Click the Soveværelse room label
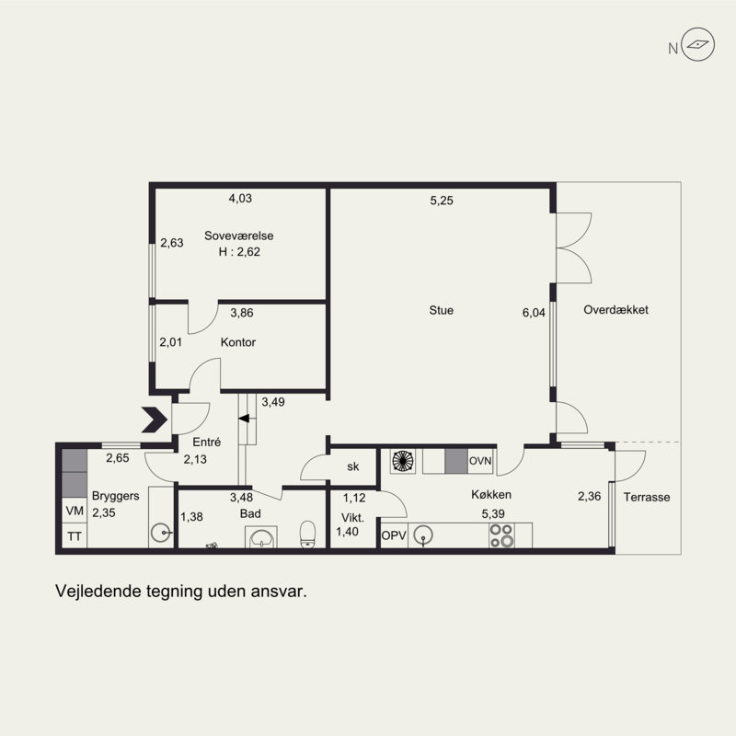238,236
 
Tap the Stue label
442,310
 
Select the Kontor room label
238,342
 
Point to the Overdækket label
615,310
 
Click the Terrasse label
647,497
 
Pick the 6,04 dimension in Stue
534,313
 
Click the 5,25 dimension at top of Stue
442,201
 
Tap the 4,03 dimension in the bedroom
240,198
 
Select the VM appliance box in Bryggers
75,511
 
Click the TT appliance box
75,535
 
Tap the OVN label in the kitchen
480,461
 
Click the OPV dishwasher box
394,535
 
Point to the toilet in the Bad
308,535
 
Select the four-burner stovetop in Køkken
501,535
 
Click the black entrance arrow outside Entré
155,420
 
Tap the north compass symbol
698,44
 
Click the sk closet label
353,466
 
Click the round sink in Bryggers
161,533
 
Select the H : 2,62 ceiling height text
239,251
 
